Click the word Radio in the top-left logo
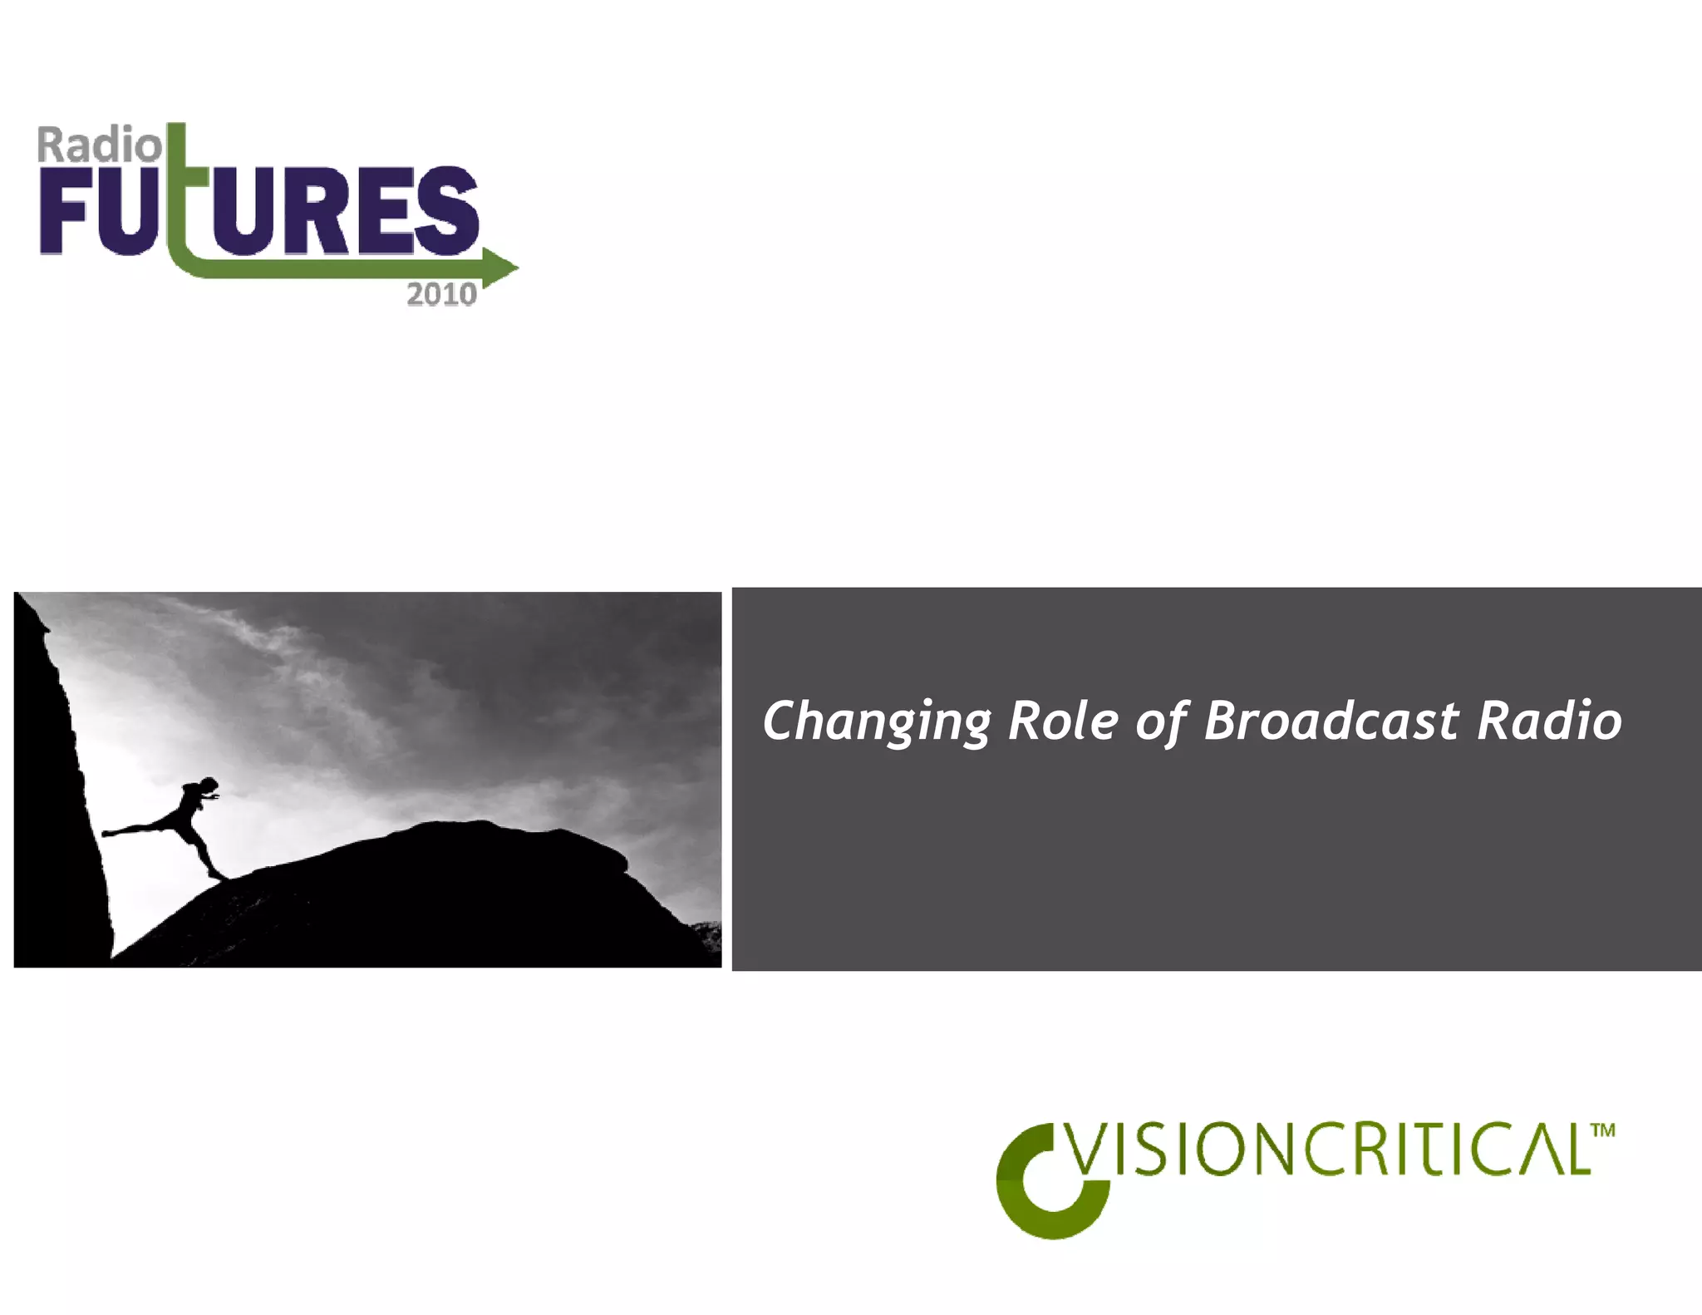point(99,145)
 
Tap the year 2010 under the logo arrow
point(441,295)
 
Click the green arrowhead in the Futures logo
point(500,267)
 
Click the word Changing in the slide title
point(877,721)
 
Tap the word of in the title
point(1162,721)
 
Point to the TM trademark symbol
point(1603,1130)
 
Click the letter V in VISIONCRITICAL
point(1087,1150)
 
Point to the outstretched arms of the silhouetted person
point(212,798)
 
